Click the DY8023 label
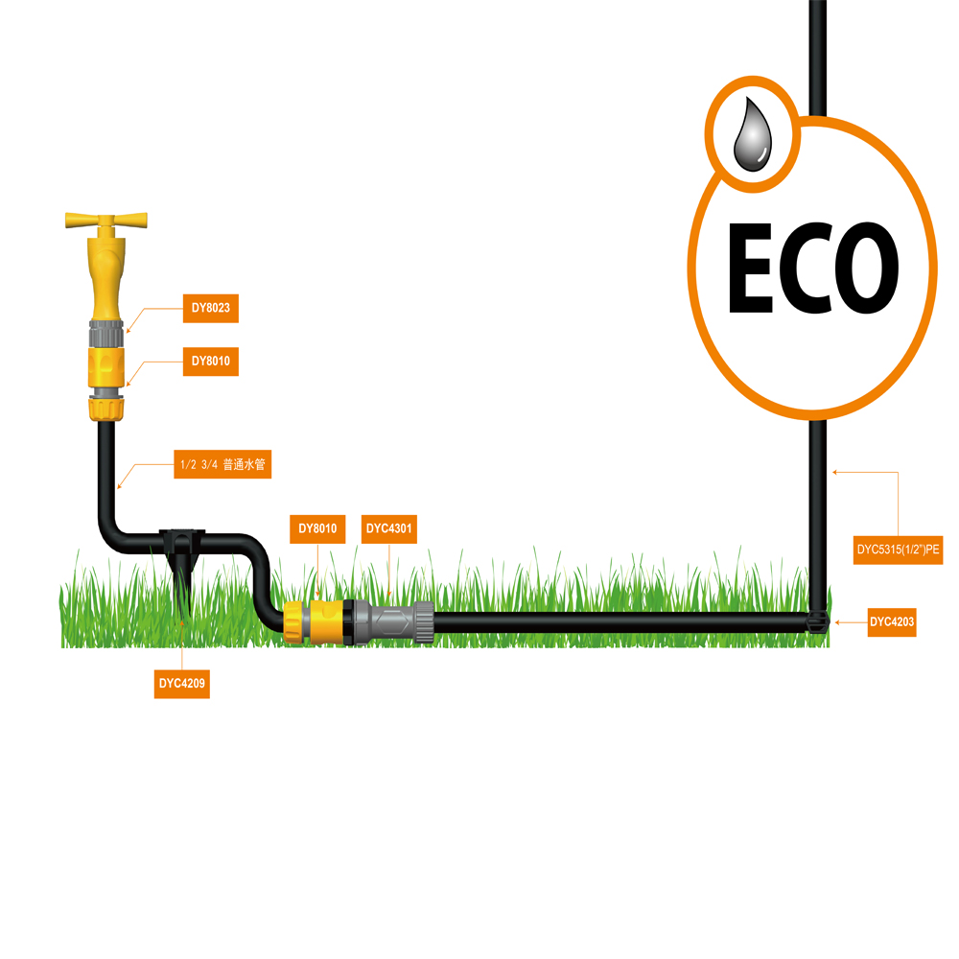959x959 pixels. [210, 309]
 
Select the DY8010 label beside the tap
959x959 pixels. [210, 362]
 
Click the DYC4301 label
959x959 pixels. [389, 527]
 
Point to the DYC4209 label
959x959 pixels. [182, 685]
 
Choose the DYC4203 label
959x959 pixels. [892, 622]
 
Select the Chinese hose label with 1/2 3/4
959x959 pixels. [222, 465]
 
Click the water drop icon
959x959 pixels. [751, 136]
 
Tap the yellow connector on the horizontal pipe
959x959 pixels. [314, 620]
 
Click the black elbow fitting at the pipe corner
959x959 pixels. [816, 621]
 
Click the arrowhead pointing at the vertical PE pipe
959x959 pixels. [835, 471]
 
